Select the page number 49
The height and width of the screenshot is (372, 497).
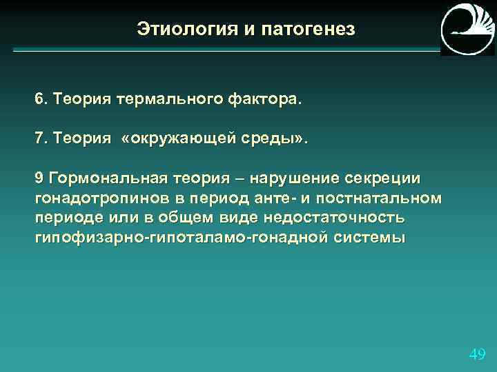point(476,355)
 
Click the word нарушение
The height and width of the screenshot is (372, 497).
point(294,178)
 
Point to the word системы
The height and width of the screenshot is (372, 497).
point(373,238)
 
